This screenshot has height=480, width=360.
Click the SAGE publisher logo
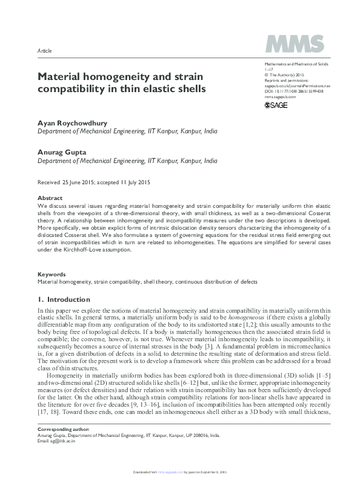[276, 105]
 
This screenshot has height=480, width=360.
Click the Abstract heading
[50, 198]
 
